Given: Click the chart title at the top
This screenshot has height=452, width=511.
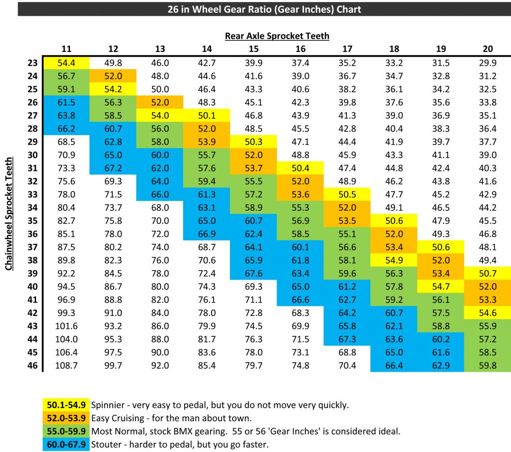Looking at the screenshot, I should tap(264, 9).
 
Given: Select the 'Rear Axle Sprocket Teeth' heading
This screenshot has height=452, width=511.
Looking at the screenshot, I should tap(277, 35).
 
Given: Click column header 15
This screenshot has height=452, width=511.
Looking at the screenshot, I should tap(254, 48).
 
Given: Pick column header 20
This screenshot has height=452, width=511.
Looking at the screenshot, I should tap(488, 48).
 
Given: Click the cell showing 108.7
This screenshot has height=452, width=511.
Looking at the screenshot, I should tap(66, 366).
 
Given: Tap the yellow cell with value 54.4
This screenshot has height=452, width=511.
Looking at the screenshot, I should tap(66, 63).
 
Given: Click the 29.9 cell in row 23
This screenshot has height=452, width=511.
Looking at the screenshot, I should tap(488, 63).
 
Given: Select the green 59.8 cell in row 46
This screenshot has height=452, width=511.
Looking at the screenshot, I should tap(488, 366).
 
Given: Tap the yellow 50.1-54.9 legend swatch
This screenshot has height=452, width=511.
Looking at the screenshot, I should tap(66, 405).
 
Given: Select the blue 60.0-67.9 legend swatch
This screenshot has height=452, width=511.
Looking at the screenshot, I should tap(66, 444).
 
